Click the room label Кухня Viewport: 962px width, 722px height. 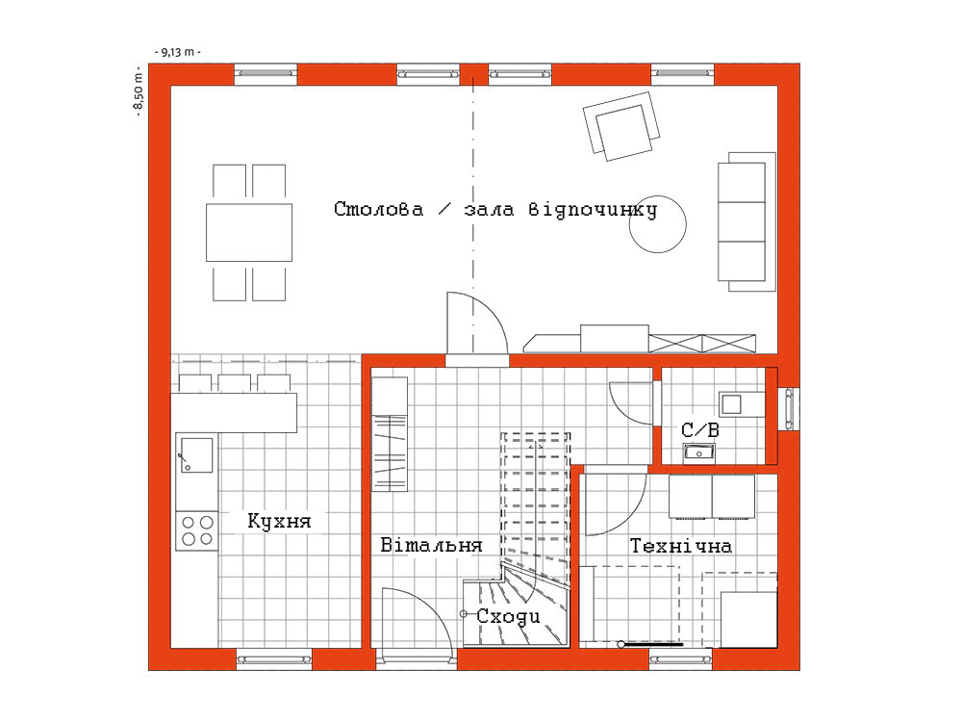click(x=279, y=521)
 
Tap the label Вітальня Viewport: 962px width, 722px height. click(x=431, y=545)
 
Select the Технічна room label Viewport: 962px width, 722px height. click(x=681, y=545)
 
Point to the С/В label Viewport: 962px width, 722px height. click(x=700, y=429)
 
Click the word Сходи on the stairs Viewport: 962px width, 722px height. click(x=509, y=616)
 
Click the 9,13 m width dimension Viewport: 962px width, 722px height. click(x=178, y=52)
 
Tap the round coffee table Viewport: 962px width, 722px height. click(x=657, y=224)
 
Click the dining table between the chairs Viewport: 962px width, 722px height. click(x=249, y=233)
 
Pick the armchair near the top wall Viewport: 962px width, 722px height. click(x=621, y=126)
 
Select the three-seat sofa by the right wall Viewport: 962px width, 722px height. click(x=747, y=221)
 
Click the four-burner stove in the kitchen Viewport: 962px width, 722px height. click(x=197, y=530)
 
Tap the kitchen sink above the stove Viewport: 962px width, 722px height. click(x=196, y=455)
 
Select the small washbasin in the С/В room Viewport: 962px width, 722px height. click(x=698, y=453)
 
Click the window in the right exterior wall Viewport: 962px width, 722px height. click(x=789, y=409)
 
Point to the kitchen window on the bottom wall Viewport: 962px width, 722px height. click(x=274, y=659)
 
